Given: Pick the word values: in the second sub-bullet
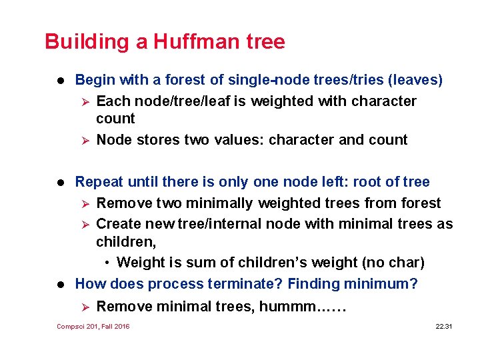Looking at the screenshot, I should tap(239, 140).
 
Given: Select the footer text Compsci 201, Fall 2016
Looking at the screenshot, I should tap(93, 326).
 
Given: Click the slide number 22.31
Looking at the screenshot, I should tap(444, 326).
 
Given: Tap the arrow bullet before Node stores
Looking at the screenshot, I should tap(84, 140).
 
